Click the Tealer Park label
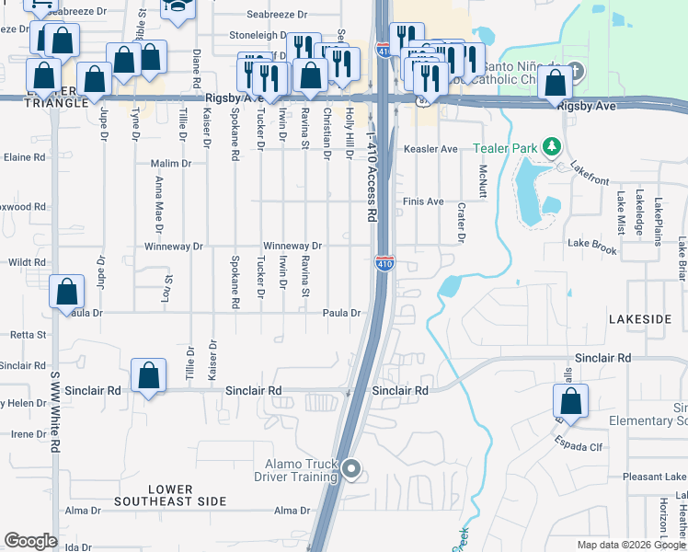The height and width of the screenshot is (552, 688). point(504,148)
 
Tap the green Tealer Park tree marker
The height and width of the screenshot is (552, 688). point(551,146)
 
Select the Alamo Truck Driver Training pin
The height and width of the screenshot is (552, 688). point(350,471)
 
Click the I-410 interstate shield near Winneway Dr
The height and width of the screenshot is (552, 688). point(384,264)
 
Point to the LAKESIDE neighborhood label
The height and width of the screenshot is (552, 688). point(640,318)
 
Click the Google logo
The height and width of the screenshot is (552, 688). point(30,541)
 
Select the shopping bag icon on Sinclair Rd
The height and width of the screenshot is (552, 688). point(148,375)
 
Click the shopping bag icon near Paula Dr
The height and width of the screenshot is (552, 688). point(67,293)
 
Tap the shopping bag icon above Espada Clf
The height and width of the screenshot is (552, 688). point(570,401)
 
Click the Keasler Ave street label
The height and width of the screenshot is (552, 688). point(430,149)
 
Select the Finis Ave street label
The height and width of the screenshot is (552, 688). point(423,201)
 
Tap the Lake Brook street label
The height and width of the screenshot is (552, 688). point(592,243)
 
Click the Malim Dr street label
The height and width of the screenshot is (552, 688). point(170,163)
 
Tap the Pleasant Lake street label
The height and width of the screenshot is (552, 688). point(654,477)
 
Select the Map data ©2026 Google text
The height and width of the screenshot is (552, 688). point(630,545)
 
